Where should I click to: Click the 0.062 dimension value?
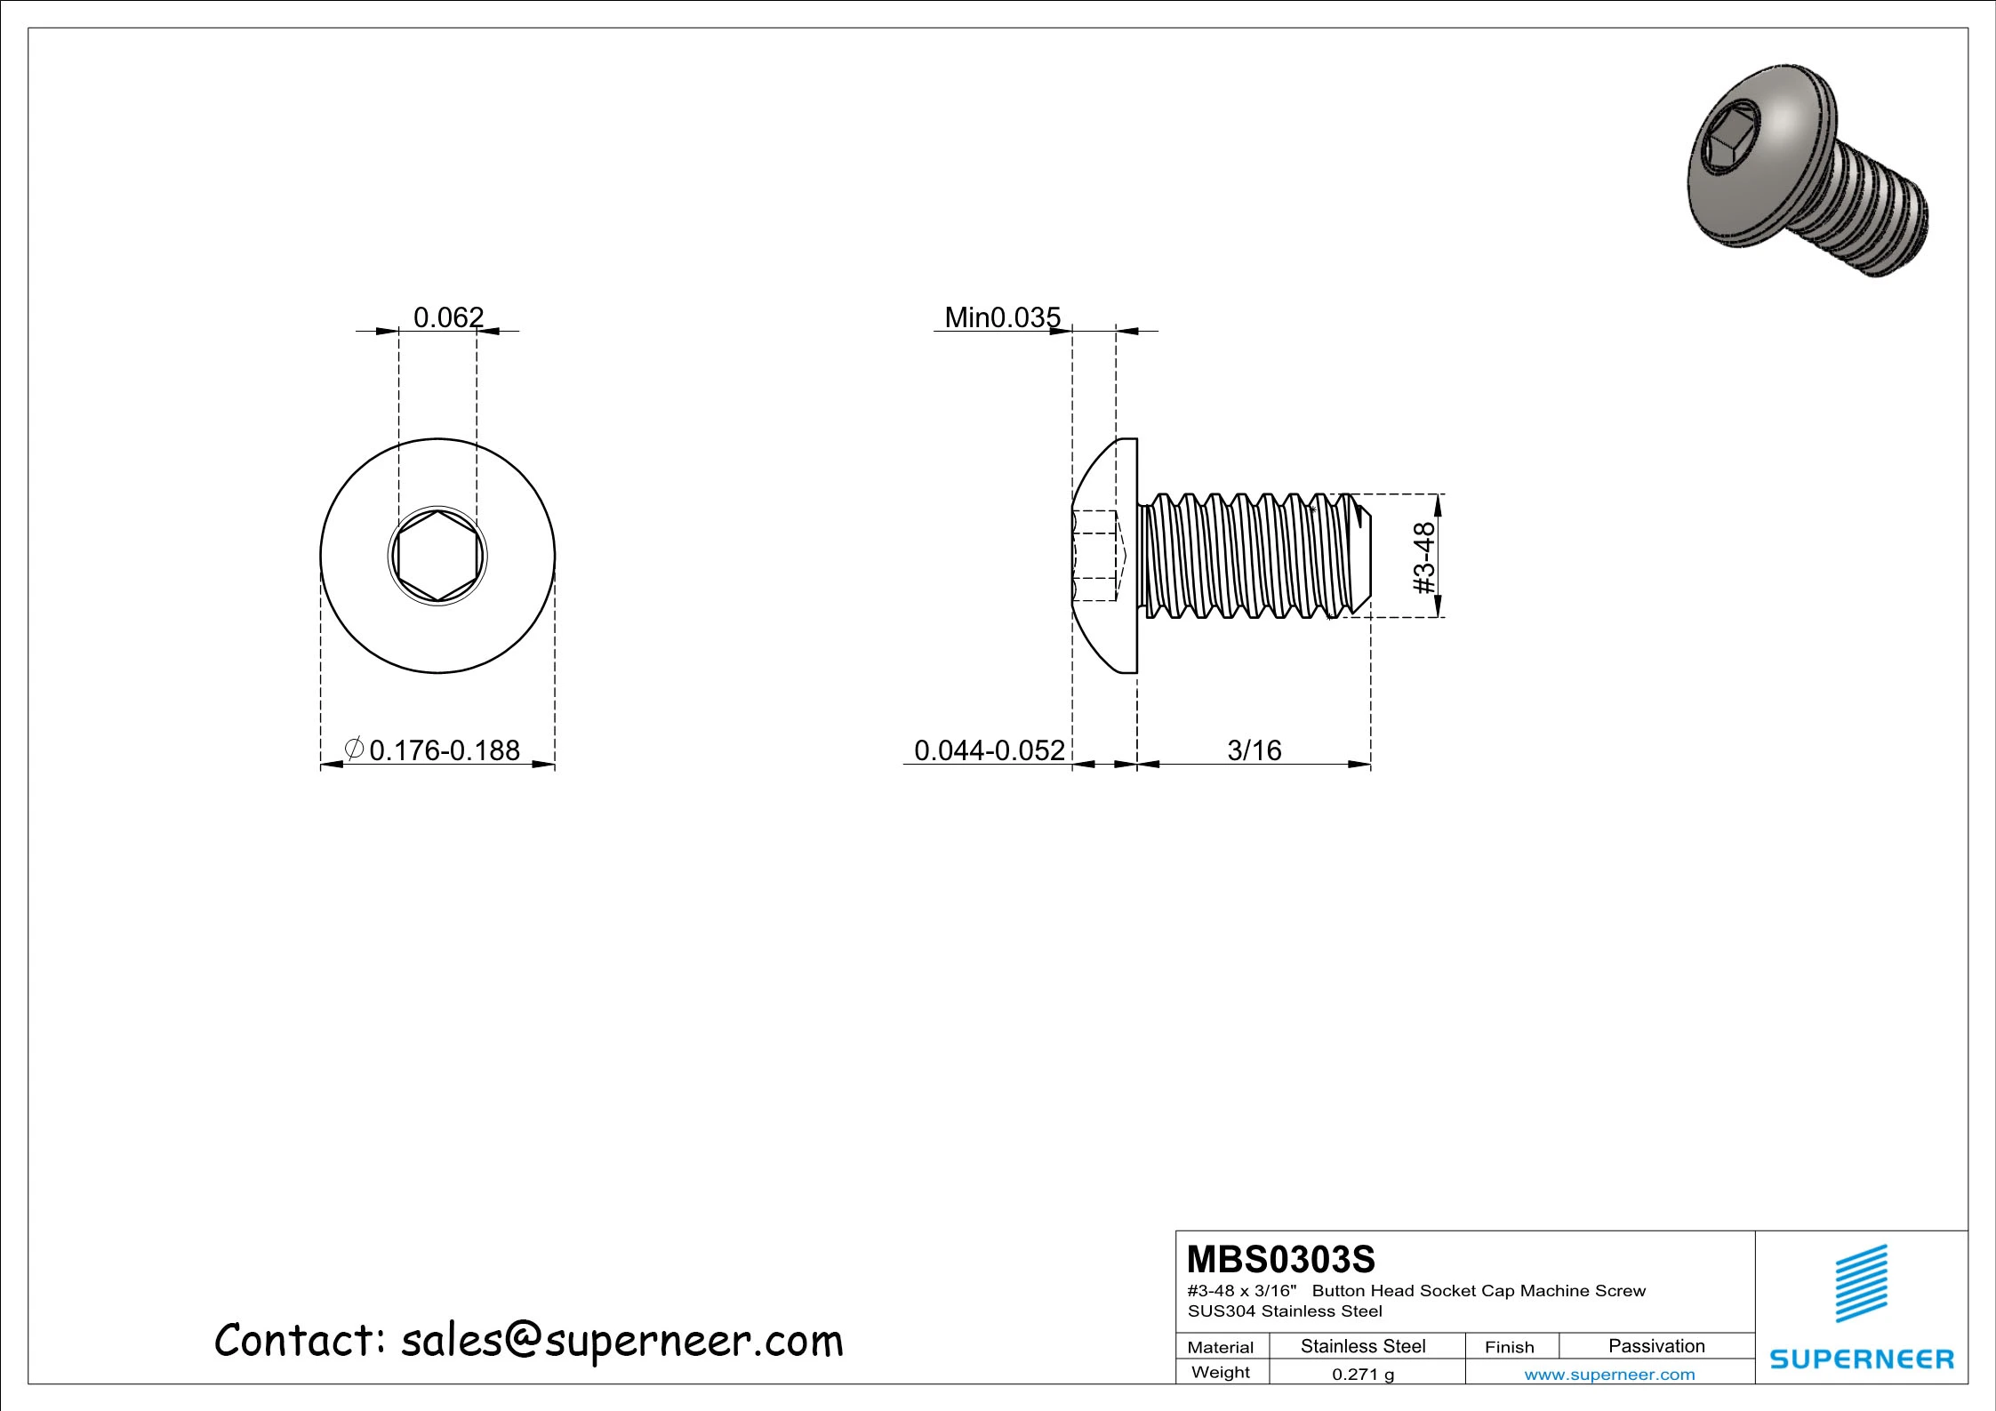click(448, 317)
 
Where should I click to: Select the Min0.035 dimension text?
click(1002, 317)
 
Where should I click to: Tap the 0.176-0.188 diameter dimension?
click(444, 750)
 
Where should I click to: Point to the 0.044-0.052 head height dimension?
click(989, 750)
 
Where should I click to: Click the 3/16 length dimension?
click(1254, 750)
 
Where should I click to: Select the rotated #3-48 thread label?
click(1424, 557)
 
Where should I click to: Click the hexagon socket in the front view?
click(437, 557)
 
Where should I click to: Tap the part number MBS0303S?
click(1280, 1260)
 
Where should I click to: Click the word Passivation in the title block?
click(1655, 1346)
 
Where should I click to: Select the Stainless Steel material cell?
click(1362, 1346)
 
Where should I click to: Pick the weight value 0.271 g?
click(1362, 1374)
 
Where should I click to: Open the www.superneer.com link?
click(1609, 1375)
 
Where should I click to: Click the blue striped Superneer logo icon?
click(1861, 1283)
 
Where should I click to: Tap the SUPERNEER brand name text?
click(1861, 1359)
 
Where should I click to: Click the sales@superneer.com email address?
click(621, 1341)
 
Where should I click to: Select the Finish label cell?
click(1509, 1347)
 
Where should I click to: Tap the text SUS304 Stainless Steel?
click(1285, 1311)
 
